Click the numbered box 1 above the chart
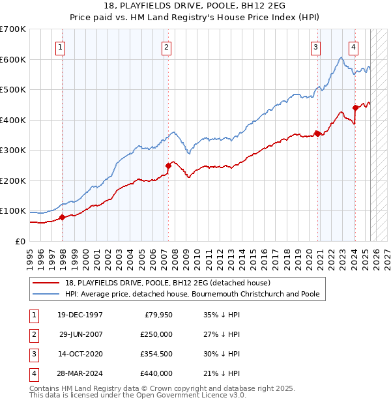click(x=60, y=47)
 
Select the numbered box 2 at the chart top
click(x=166, y=47)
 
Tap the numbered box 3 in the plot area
click(x=315, y=47)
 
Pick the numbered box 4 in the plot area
click(x=353, y=47)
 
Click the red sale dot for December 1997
click(x=63, y=217)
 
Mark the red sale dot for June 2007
click(x=168, y=166)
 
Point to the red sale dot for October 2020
click(x=317, y=134)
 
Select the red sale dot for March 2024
click(x=355, y=108)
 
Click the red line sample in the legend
click(x=47, y=283)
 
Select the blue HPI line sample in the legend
click(x=47, y=294)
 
